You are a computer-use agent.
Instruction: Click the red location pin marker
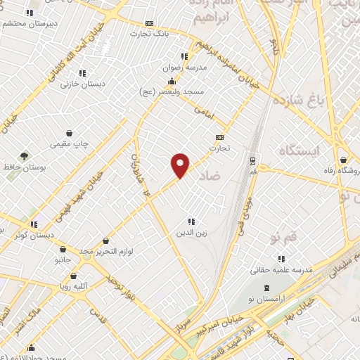point(181,165)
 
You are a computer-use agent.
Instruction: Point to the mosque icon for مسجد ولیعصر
point(173,82)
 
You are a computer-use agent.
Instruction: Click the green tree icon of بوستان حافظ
point(25,155)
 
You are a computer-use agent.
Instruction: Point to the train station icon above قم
point(252,160)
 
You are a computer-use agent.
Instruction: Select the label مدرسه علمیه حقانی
point(283,270)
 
